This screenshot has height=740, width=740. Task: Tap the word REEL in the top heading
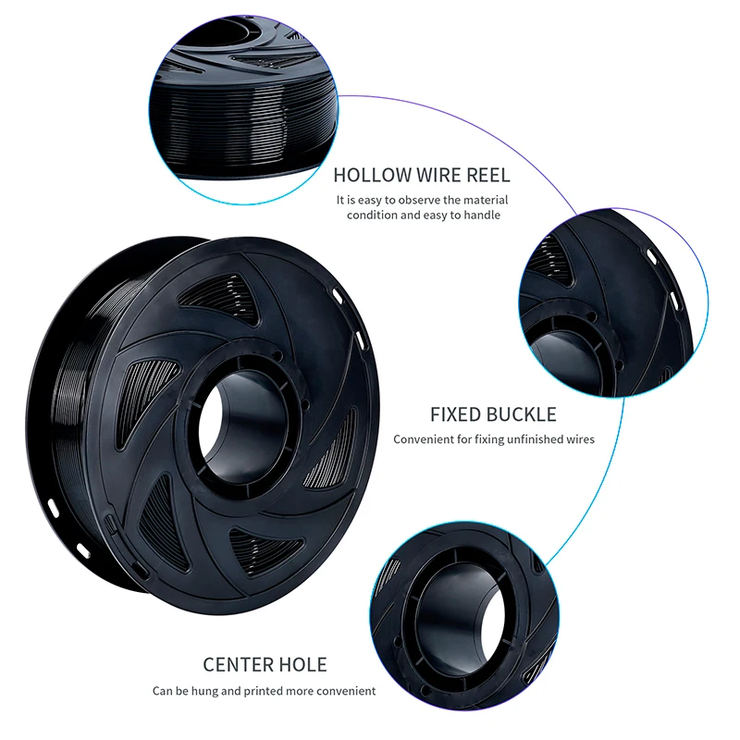point(485,175)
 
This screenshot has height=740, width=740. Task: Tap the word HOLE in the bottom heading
point(303,664)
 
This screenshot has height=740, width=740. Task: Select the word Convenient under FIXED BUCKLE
point(425,439)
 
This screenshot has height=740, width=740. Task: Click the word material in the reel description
point(484,200)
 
